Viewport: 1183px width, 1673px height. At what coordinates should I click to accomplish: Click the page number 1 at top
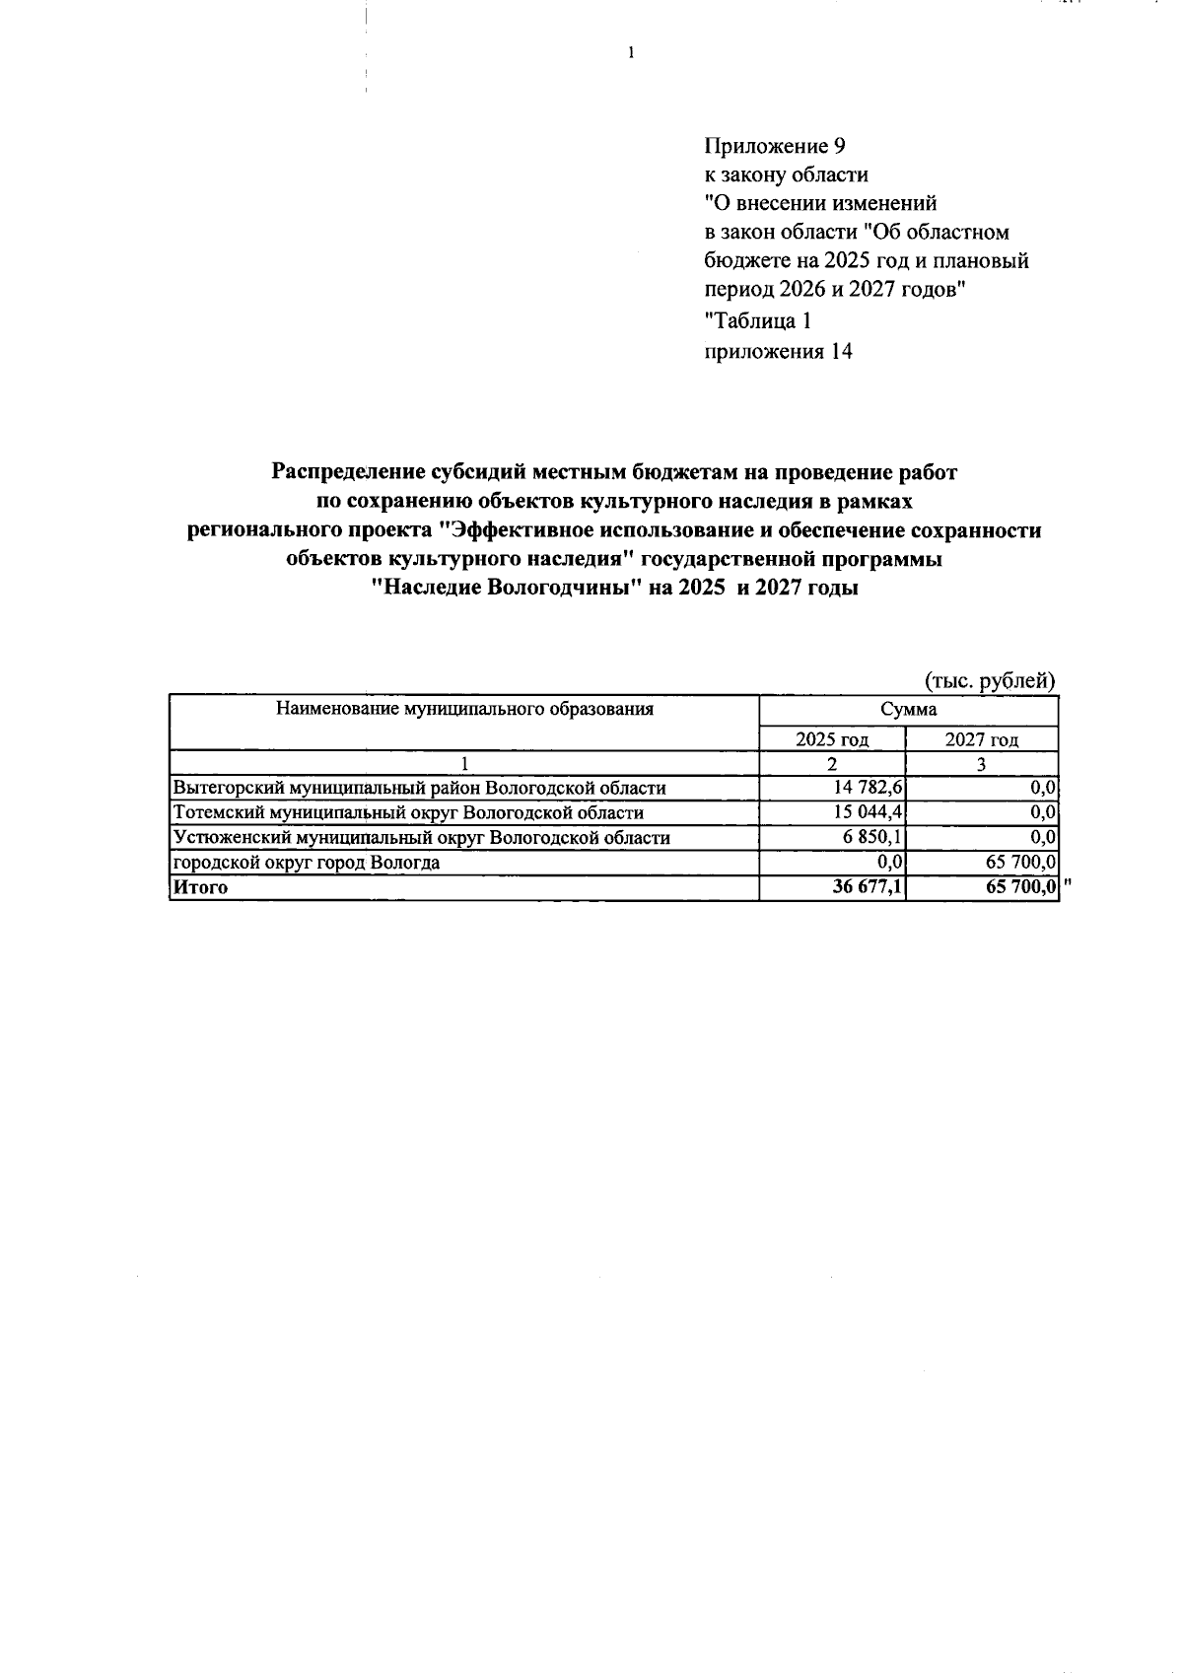(630, 53)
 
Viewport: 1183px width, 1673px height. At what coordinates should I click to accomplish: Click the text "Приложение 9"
(775, 146)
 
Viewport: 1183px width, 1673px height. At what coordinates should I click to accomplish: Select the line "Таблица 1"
(759, 320)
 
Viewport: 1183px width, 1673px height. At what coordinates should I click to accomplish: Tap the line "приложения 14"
(778, 351)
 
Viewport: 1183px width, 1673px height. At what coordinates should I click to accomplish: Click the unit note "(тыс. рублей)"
(990, 680)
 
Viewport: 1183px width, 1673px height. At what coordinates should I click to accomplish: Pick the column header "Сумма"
(908, 709)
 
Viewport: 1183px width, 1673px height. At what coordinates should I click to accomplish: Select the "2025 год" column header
(832, 739)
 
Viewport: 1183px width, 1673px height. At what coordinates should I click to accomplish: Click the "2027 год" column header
(981, 739)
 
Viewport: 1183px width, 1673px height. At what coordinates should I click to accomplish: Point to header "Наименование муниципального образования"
(464, 709)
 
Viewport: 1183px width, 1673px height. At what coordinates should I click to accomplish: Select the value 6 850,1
(875, 837)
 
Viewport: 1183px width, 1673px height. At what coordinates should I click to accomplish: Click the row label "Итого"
(200, 887)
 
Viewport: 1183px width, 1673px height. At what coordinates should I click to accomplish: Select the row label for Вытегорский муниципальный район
(419, 788)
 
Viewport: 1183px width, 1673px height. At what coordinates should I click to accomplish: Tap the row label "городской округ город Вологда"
(307, 863)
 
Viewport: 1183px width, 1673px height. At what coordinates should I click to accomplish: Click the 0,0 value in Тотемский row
(1044, 812)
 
